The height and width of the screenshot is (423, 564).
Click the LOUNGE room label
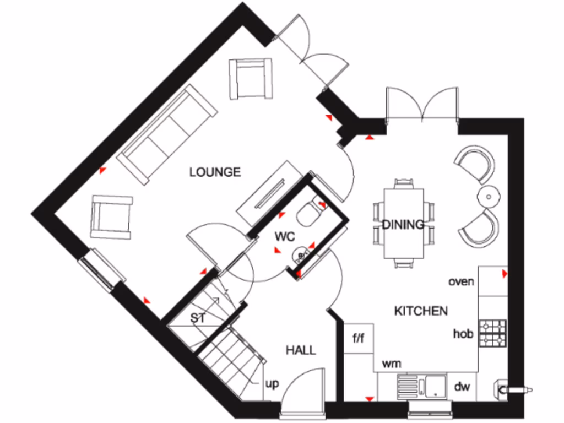pos(215,172)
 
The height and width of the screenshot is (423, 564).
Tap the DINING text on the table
pos(403,224)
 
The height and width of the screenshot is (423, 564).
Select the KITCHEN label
pos(421,311)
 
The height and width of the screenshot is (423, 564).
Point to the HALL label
pos(301,350)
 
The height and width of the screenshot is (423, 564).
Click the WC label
pos(286,237)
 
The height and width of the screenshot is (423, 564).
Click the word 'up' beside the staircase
pos(272,384)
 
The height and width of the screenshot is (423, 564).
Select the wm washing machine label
pos(391,364)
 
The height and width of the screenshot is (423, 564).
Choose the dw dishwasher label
pos(462,387)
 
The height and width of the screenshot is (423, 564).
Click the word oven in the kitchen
pos(461,281)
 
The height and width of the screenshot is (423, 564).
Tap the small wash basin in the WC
pos(300,254)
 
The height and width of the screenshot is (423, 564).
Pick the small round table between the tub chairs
pos(488,195)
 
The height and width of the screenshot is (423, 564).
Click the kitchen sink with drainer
pos(424,386)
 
